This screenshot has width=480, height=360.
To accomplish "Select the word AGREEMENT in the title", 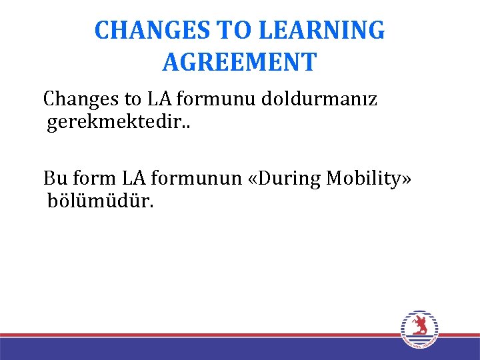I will (239, 62).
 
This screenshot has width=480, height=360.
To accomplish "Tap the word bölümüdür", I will (100, 201).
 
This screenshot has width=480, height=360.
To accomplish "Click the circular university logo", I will (420, 329).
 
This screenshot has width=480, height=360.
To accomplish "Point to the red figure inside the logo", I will (420, 325).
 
